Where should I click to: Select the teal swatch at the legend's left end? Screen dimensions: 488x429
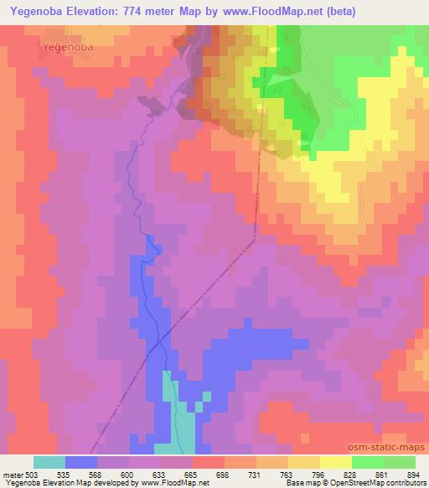pyautogui.click(x=49, y=462)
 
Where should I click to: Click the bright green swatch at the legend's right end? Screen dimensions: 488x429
pyautogui.click(x=400, y=462)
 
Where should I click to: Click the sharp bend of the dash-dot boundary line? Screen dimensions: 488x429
pyautogui.click(x=254, y=241)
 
